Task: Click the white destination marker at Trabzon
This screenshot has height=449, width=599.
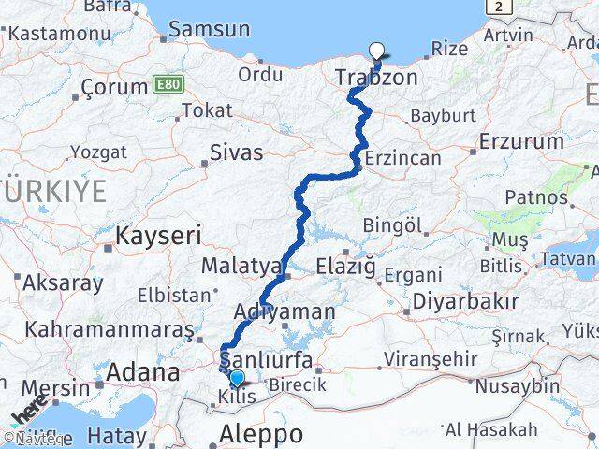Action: (377, 51)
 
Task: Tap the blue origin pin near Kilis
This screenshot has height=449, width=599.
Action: (237, 378)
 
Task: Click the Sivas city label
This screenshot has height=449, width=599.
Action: (236, 152)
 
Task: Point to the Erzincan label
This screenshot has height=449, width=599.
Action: (403, 158)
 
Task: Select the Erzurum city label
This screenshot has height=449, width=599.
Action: (519, 141)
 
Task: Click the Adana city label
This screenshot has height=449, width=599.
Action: (142, 372)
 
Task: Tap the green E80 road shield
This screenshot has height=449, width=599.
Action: (168, 85)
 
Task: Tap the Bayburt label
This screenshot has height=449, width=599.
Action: (443, 116)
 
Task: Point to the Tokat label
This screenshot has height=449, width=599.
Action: (207, 110)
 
